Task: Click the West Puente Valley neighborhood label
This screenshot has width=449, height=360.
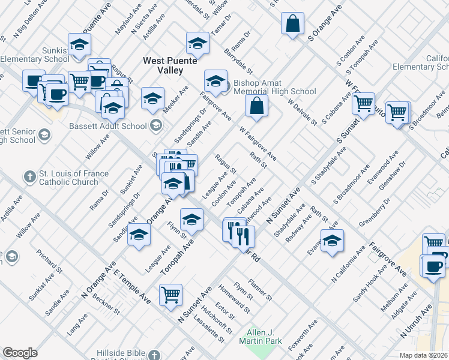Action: click(x=163, y=65)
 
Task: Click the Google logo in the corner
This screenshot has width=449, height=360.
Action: click(x=20, y=353)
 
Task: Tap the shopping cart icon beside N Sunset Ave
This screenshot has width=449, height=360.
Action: click(x=171, y=295)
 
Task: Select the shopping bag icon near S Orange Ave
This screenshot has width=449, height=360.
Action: click(x=292, y=25)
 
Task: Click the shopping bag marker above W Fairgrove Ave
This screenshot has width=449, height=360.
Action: click(x=256, y=106)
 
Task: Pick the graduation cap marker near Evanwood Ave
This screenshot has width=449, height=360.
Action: click(x=332, y=241)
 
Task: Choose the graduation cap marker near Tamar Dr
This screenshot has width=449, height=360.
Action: click(x=197, y=43)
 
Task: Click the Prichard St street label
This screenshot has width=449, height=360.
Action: click(x=50, y=262)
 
